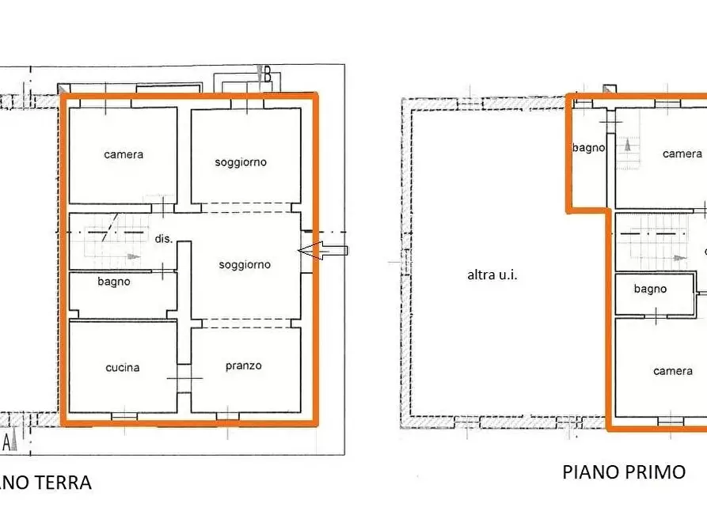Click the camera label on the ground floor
[x=124, y=154]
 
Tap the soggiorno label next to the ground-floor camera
[x=241, y=162]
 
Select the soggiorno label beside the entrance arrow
[x=245, y=265]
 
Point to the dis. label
[x=163, y=238]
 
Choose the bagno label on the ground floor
[x=114, y=281]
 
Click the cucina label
[x=123, y=367]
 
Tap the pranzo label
[x=243, y=365]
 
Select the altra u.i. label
[x=492, y=275]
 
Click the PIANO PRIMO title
[x=624, y=472]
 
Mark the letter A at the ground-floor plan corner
[x=7, y=440]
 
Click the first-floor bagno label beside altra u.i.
[x=589, y=147]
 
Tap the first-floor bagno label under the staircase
[x=650, y=289]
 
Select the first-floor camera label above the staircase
[x=682, y=153]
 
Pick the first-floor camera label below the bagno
[x=673, y=370]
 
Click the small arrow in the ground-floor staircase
[x=128, y=258]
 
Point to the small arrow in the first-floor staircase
[x=677, y=258]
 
